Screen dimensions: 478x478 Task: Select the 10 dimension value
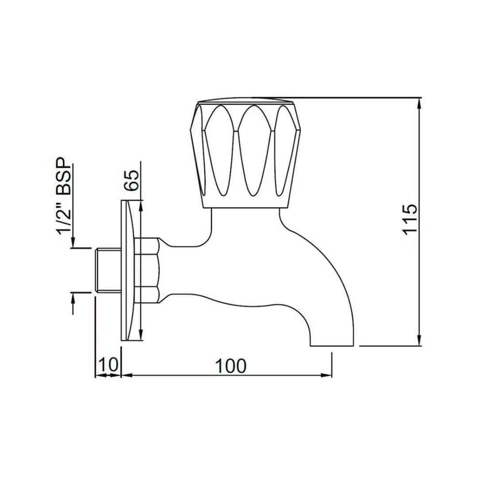point(108,366)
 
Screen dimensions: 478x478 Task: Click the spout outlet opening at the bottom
point(332,345)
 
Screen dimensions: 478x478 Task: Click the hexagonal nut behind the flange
point(148,270)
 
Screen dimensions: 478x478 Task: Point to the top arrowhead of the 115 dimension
point(420,102)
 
